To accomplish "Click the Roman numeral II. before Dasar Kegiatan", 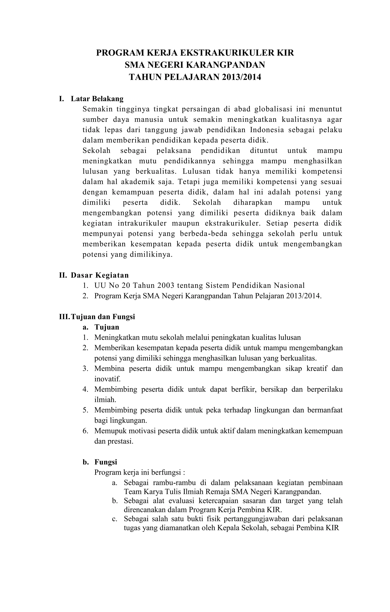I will pyautogui.click(x=63, y=275).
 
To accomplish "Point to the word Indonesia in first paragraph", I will pyautogui.click(x=267, y=130).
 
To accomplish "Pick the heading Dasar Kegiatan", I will pyautogui.click(x=100, y=275).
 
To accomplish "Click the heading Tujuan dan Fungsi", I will pyautogui.click(x=103, y=317).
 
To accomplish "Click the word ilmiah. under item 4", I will pyautogui.click(x=105, y=400).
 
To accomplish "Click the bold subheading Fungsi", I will pyautogui.click(x=106, y=462).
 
